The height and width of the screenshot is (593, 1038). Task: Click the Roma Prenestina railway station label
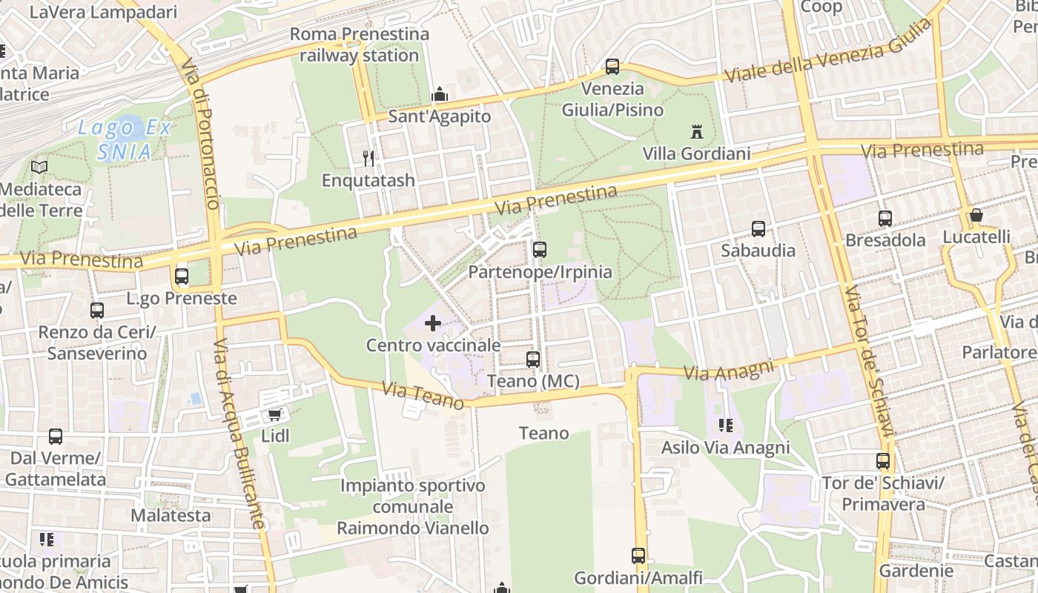(360, 44)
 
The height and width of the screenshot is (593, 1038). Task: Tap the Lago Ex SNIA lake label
(125, 139)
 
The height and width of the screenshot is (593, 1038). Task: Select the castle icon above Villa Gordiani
(696, 132)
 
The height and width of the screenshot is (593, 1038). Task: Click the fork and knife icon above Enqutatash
(368, 158)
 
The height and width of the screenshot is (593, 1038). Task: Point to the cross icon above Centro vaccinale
(433, 323)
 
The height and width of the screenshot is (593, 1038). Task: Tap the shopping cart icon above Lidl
(274, 414)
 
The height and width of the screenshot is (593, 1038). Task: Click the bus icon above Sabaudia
(758, 229)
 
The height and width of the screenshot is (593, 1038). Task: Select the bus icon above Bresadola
(885, 219)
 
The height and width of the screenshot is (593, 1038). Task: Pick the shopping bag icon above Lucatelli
(976, 216)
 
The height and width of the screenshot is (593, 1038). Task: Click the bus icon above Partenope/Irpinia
(540, 250)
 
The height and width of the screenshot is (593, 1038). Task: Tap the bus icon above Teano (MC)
(533, 360)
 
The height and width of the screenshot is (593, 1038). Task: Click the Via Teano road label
(423, 395)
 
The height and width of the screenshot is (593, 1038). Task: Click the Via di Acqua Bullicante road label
(239, 434)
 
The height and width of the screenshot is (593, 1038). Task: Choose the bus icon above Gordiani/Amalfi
(638, 555)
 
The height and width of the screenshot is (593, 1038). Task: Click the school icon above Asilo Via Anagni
(725, 425)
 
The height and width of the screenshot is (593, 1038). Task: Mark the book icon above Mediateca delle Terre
(39, 168)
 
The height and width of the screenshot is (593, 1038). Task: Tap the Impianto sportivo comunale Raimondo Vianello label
(413, 507)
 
